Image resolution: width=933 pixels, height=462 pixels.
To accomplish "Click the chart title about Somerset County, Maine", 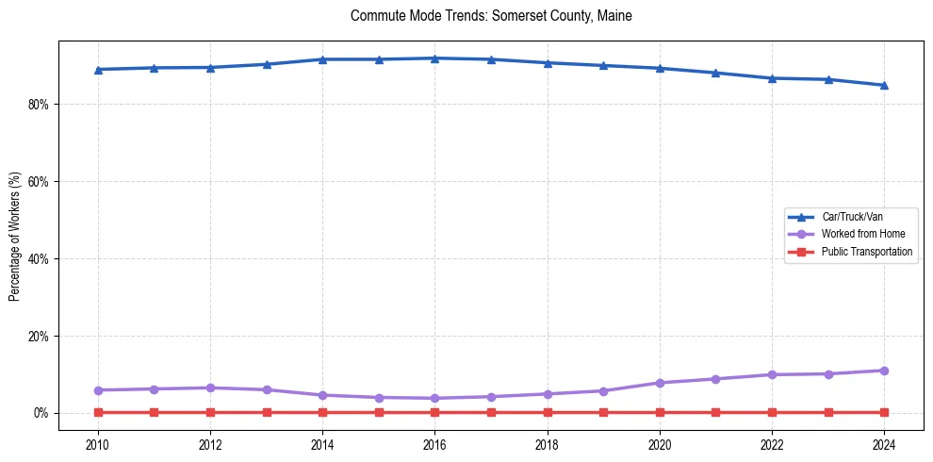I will pyautogui.click(x=491, y=16).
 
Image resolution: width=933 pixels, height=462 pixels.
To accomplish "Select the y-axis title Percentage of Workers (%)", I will pyautogui.click(x=14, y=237).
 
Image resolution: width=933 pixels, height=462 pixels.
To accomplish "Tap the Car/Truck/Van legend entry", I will pyautogui.click(x=852, y=217).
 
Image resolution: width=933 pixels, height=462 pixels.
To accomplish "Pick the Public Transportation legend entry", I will pyautogui.click(x=866, y=252).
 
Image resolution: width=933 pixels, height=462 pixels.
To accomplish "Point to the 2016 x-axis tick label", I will pyautogui.click(x=434, y=444).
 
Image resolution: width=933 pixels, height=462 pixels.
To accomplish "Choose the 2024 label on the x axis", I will pyautogui.click(x=884, y=444).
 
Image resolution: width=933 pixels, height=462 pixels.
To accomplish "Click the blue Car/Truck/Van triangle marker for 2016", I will pyautogui.click(x=434, y=58).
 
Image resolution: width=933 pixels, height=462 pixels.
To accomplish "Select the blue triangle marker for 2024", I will pyautogui.click(x=884, y=85).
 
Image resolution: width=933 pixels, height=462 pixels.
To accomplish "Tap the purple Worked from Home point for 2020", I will pyautogui.click(x=660, y=383).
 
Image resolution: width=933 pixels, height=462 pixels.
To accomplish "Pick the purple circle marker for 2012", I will pyautogui.click(x=210, y=388).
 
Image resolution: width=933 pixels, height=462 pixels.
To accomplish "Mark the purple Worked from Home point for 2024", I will pyautogui.click(x=884, y=371).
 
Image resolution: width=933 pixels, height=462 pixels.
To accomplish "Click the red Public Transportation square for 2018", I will pyautogui.click(x=548, y=412).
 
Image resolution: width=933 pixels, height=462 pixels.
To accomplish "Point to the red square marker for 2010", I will pyautogui.click(x=98, y=412).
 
